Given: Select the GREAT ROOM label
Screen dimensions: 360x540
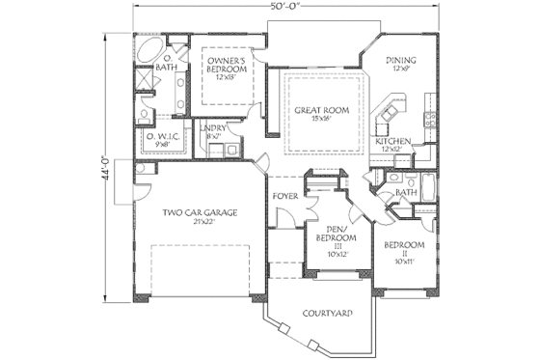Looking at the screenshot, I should point(322,110).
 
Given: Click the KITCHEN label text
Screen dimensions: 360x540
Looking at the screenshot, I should point(392,141).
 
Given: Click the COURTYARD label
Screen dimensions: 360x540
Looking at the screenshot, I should point(326,313).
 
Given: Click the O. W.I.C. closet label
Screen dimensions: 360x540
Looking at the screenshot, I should point(165,137).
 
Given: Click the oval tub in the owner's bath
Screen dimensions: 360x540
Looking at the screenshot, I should point(150,51).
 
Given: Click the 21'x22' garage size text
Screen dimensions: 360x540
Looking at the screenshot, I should point(201,221).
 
